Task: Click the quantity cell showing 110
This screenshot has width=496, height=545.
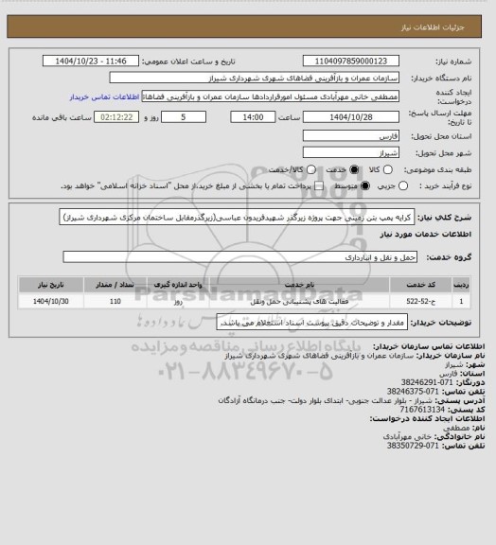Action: [x=115, y=301]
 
